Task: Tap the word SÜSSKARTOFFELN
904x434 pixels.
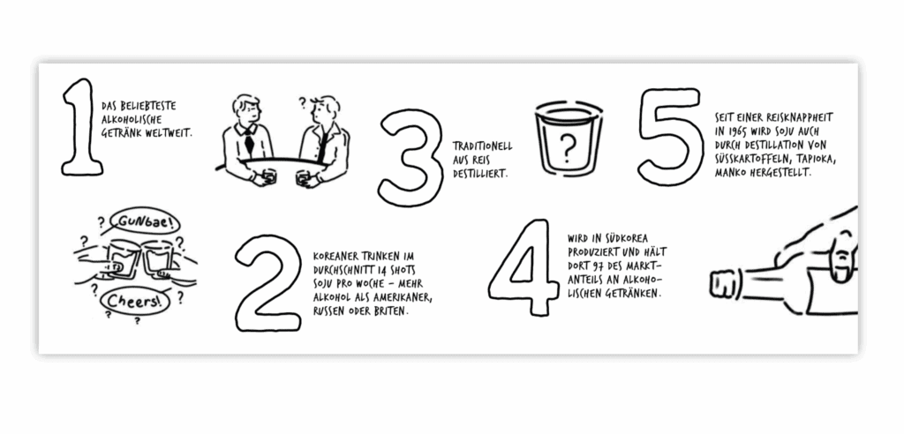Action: pyautogui.click(x=754, y=159)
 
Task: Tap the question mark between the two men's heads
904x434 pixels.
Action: pyautogui.click(x=302, y=103)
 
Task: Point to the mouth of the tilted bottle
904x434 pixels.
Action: pyautogui.click(x=719, y=284)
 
